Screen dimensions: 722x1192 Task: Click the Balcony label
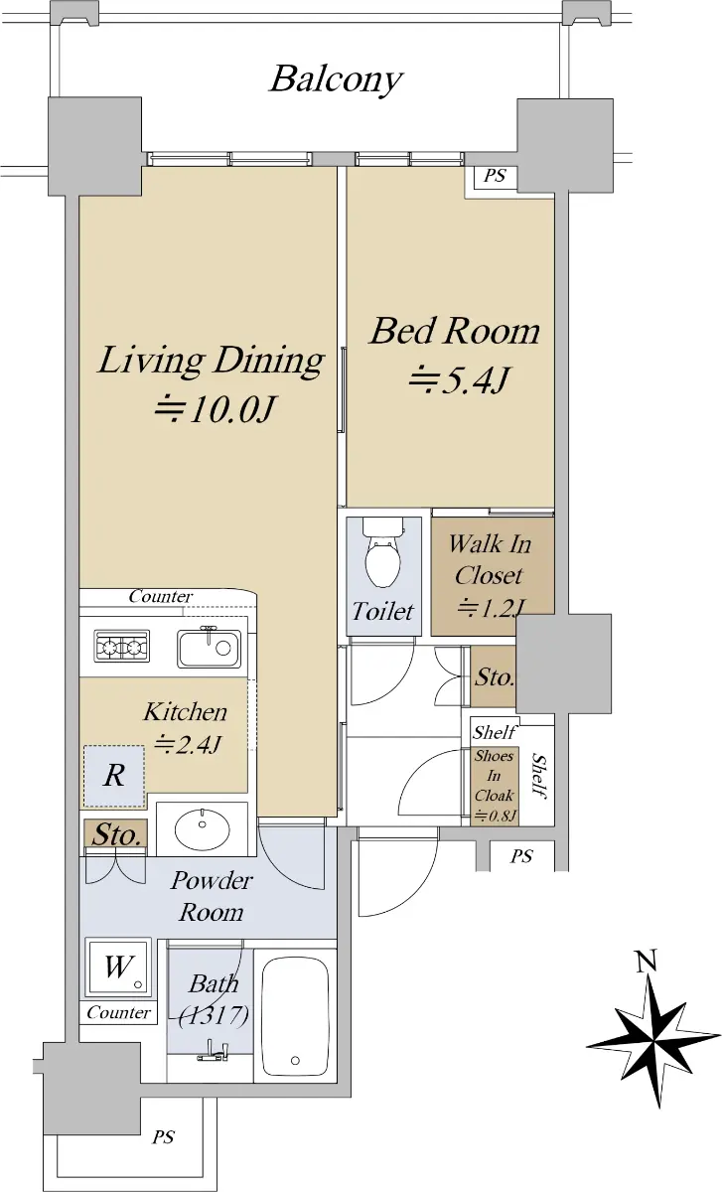pos(336,80)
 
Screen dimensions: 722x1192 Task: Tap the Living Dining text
pos(211,361)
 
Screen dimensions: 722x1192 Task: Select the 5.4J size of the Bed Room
pos(459,379)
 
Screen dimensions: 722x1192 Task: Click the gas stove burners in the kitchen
pos(122,647)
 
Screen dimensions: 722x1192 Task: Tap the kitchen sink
pos(209,647)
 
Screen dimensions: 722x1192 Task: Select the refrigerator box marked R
pos(114,777)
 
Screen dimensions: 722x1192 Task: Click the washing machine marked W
pos(118,968)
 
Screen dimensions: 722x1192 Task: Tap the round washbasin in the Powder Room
pos(203,828)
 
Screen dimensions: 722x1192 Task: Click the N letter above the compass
pos(647,962)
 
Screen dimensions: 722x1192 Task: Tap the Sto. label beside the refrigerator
pos(117,834)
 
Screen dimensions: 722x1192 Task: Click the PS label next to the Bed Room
pos(495,176)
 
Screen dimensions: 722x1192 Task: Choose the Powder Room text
pos(212,897)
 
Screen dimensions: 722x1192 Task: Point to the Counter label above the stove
pos(160,597)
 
